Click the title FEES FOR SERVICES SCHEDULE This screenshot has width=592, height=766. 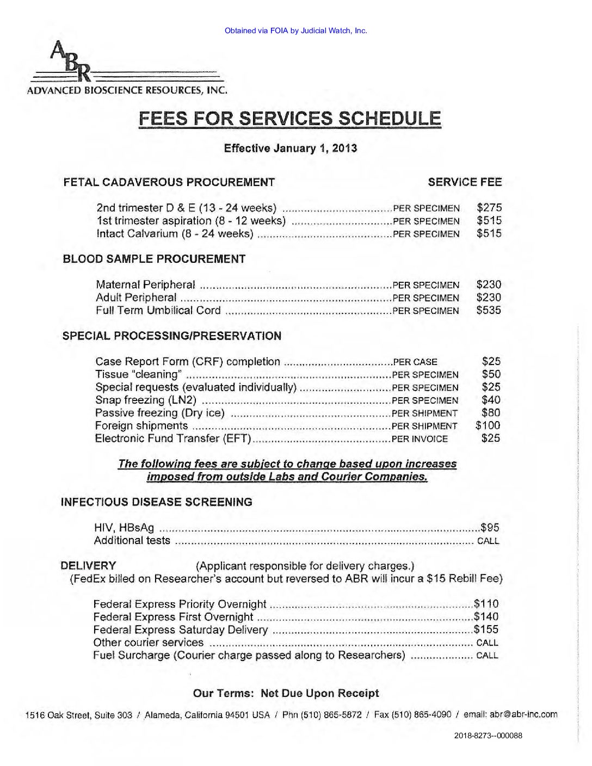point(289,118)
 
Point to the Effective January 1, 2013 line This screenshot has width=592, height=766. point(290,148)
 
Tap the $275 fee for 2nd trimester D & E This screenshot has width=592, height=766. point(489,207)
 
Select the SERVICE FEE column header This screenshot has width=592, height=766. point(465,182)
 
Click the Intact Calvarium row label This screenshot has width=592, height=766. point(175,234)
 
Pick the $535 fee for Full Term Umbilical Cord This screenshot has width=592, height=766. point(489,310)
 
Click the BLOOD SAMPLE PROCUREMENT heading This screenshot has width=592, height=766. point(154,259)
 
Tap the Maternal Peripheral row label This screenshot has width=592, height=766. point(145,285)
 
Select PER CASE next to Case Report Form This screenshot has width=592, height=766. point(415,362)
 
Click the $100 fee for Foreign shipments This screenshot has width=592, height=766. point(488,425)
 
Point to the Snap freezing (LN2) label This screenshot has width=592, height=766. point(146,400)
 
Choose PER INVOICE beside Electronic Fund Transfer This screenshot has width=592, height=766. point(420,439)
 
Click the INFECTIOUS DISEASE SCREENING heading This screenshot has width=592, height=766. point(157,502)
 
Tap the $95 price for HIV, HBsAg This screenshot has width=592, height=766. point(490,527)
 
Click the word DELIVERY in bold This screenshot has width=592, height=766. point(88,565)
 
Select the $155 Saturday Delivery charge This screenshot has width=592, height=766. point(486,629)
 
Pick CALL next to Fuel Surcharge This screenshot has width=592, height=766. point(487,656)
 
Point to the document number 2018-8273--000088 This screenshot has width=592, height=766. point(488,736)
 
